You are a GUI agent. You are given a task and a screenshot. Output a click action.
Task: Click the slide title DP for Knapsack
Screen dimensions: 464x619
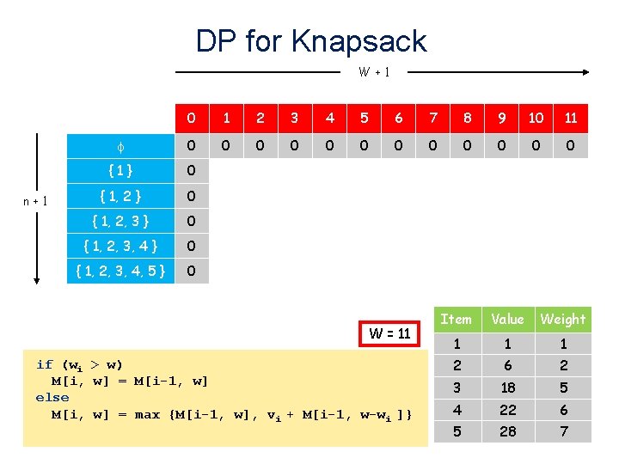[310, 40]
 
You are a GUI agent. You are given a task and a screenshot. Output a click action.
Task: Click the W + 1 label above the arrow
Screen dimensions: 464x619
[374, 72]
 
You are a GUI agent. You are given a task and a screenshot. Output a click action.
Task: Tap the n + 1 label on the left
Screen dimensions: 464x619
[34, 201]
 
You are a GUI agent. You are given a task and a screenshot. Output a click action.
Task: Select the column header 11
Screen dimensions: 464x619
[570, 118]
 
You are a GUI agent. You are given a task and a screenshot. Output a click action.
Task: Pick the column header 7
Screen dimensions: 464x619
[432, 118]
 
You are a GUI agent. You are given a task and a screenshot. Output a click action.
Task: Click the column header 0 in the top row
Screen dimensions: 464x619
[191, 118]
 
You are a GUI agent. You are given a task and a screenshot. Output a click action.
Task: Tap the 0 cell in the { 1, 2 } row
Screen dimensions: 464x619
[191, 196]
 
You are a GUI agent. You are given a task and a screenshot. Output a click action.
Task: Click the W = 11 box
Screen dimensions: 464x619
[389, 333]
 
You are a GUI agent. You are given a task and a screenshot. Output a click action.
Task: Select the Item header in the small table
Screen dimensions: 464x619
[456, 320]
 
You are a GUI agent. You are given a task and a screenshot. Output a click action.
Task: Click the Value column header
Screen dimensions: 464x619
[507, 320]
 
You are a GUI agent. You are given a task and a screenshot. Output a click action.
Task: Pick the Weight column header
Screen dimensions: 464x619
[563, 320]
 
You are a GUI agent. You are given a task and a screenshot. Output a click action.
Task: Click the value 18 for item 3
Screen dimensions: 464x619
[507, 388]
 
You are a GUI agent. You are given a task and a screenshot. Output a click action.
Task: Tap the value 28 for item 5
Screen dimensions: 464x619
[507, 431]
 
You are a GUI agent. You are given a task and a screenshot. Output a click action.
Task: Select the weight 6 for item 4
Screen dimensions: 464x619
[563, 410]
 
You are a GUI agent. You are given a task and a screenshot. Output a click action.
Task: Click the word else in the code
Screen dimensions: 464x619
[52, 398]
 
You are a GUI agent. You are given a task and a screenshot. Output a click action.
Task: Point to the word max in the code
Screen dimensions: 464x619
[147, 415]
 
